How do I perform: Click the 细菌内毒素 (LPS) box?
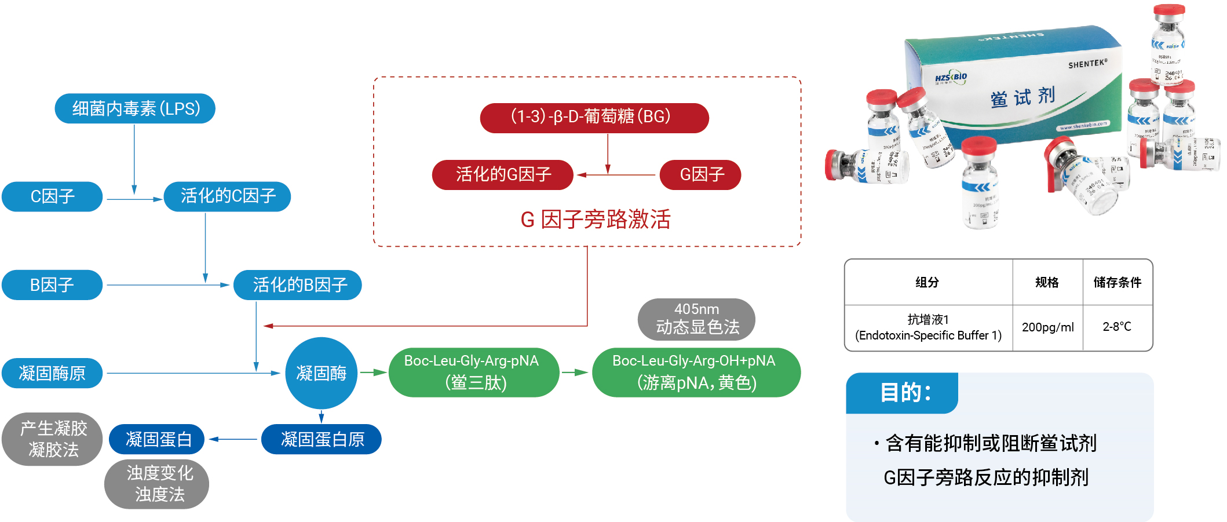click(135, 108)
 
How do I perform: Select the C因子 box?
click(52, 196)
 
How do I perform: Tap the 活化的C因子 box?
click(227, 196)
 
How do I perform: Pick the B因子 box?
click(52, 285)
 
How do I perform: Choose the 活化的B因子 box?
click(298, 285)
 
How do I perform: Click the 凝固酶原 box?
click(52, 373)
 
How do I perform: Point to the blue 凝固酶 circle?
click(321, 373)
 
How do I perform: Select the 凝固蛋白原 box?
click(322, 439)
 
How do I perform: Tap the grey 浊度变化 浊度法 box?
click(157, 484)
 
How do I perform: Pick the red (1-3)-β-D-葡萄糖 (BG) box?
click(594, 118)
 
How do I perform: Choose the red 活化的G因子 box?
click(502, 174)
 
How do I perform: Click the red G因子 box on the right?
click(700, 174)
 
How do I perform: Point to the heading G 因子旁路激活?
click(595, 220)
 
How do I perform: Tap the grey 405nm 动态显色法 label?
click(696, 319)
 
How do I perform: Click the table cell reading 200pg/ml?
click(1047, 327)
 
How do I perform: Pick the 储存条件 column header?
click(1117, 282)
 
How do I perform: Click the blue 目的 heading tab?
click(902, 393)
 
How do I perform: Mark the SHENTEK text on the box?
click(1087, 64)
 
